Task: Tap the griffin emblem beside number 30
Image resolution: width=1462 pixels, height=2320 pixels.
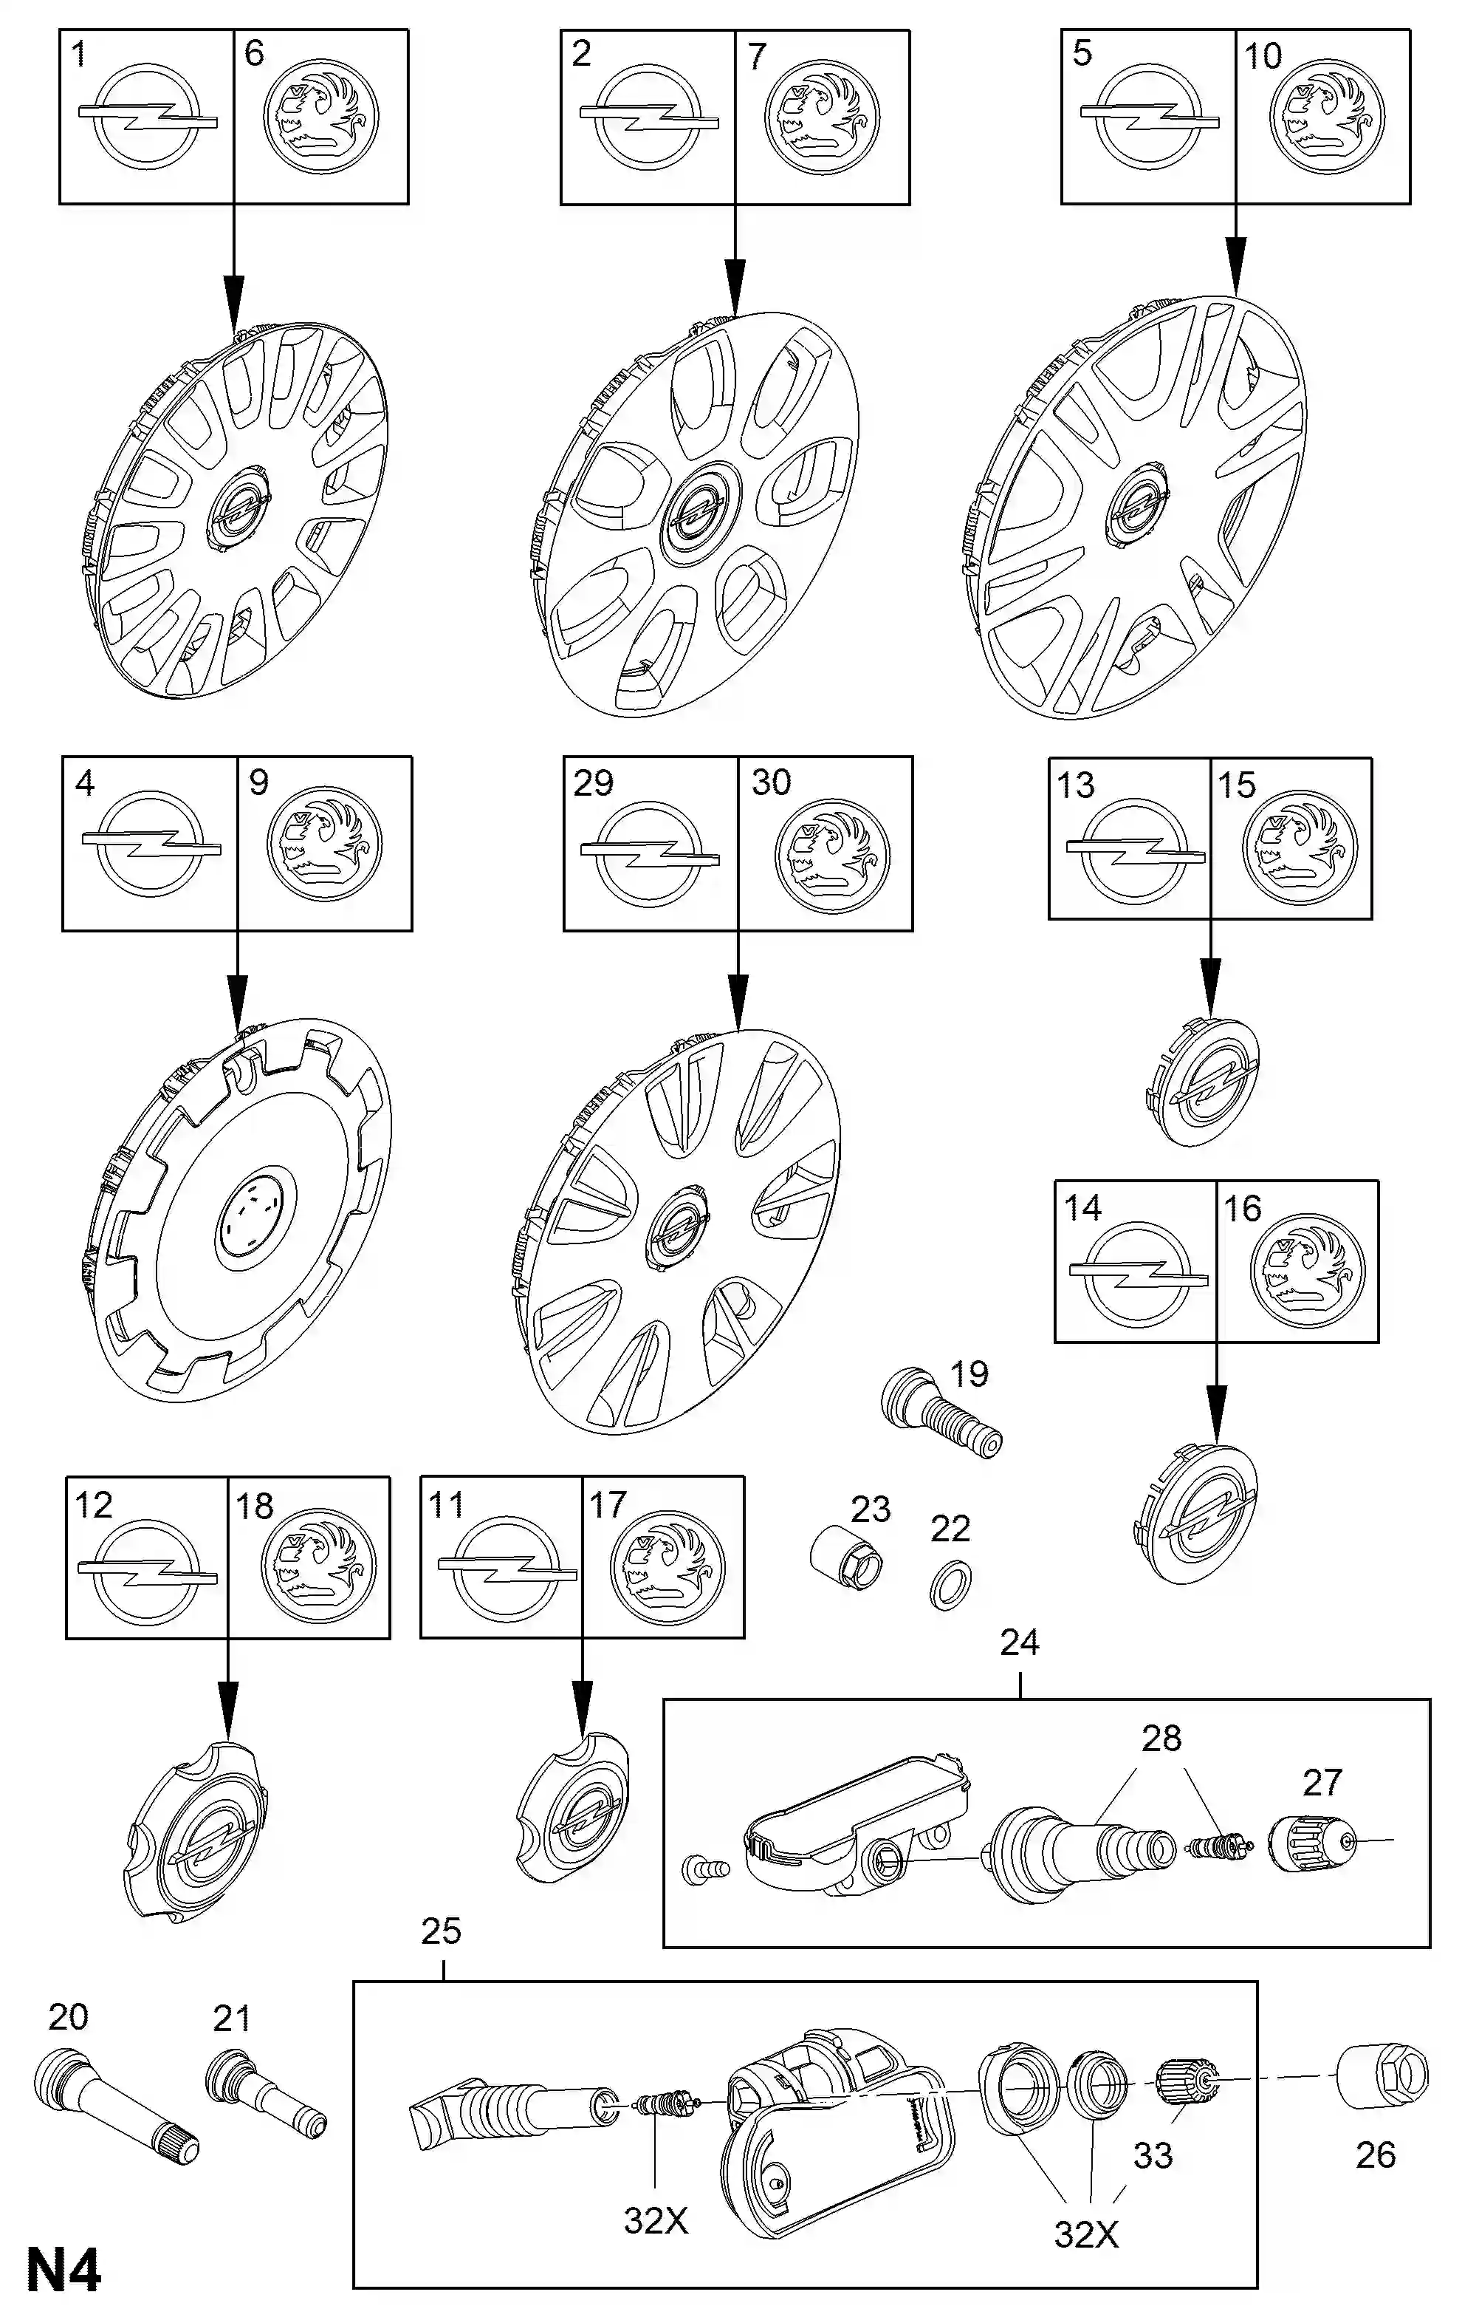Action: tap(832, 856)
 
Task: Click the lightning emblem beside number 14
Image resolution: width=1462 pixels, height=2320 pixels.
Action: tap(1137, 1273)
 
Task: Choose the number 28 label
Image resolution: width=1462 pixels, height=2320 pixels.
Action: tap(1161, 1738)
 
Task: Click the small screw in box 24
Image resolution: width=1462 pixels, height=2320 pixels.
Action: tap(704, 1870)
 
